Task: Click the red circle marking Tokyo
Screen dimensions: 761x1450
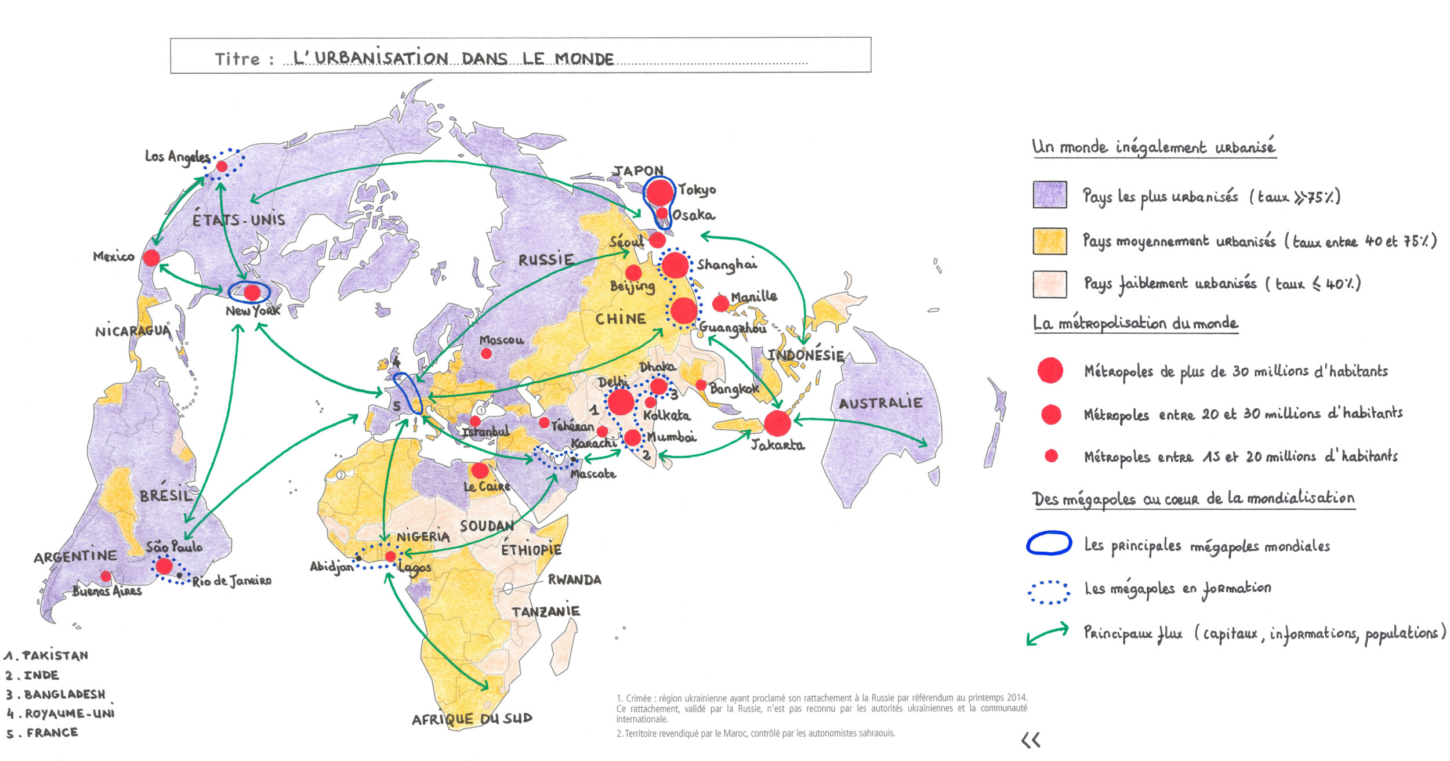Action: click(x=659, y=193)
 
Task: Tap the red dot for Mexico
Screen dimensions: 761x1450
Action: click(x=151, y=258)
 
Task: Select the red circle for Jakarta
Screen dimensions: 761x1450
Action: click(x=777, y=423)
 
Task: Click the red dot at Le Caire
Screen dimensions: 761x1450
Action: click(x=480, y=470)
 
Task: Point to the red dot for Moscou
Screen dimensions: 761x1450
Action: click(x=486, y=353)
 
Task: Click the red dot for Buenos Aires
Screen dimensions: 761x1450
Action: click(x=106, y=576)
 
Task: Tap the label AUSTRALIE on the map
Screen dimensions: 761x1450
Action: click(x=880, y=403)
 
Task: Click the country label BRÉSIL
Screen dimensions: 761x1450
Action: click(x=166, y=495)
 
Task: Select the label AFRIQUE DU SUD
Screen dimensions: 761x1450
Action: click(x=472, y=719)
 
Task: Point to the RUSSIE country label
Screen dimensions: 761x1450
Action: click(x=546, y=259)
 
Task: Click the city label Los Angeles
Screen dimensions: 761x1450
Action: click(x=177, y=157)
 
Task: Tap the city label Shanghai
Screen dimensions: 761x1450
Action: click(x=727, y=264)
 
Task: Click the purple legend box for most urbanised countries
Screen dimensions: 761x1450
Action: click(x=1049, y=195)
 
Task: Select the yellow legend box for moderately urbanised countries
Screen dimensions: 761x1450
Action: click(x=1049, y=241)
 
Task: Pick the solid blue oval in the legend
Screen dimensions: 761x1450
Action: click(x=1049, y=543)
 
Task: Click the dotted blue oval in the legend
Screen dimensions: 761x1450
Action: click(x=1049, y=592)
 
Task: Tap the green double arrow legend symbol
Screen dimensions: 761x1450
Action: click(x=1047, y=634)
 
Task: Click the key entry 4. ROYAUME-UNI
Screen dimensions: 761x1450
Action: click(x=60, y=713)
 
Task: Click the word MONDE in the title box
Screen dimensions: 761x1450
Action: click(x=584, y=59)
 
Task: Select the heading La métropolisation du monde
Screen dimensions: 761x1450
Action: click(x=1135, y=323)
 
